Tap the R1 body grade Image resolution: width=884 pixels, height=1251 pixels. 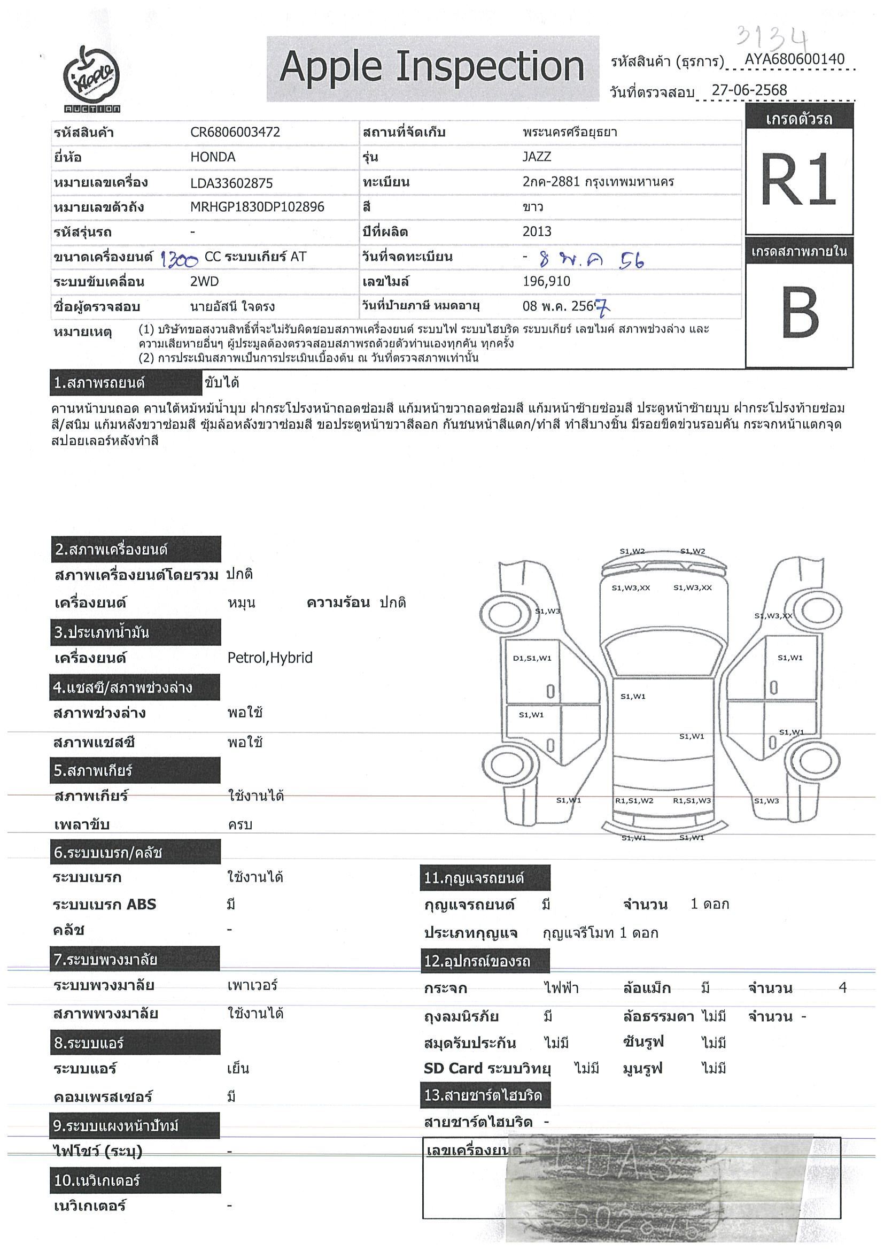(798, 179)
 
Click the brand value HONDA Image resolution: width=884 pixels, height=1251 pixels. (213, 158)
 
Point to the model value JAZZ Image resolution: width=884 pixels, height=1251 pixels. (537, 157)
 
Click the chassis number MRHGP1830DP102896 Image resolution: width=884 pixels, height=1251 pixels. (257, 207)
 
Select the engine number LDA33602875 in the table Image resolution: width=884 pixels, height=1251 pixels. (231, 183)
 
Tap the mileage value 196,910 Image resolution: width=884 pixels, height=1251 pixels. (546, 282)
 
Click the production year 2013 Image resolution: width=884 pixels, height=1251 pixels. (537, 231)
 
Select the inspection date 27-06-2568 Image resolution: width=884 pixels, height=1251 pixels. (749, 90)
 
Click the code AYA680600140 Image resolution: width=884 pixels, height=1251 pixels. (795, 59)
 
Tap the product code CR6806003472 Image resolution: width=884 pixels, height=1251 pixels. (235, 133)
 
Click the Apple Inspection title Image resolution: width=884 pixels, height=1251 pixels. (432, 67)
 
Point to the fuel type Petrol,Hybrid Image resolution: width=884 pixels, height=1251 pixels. (270, 658)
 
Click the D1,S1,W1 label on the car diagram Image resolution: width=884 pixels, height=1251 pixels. (532, 658)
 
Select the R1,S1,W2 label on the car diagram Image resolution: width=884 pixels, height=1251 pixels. (634, 801)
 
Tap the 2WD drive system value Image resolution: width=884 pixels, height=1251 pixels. (204, 282)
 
